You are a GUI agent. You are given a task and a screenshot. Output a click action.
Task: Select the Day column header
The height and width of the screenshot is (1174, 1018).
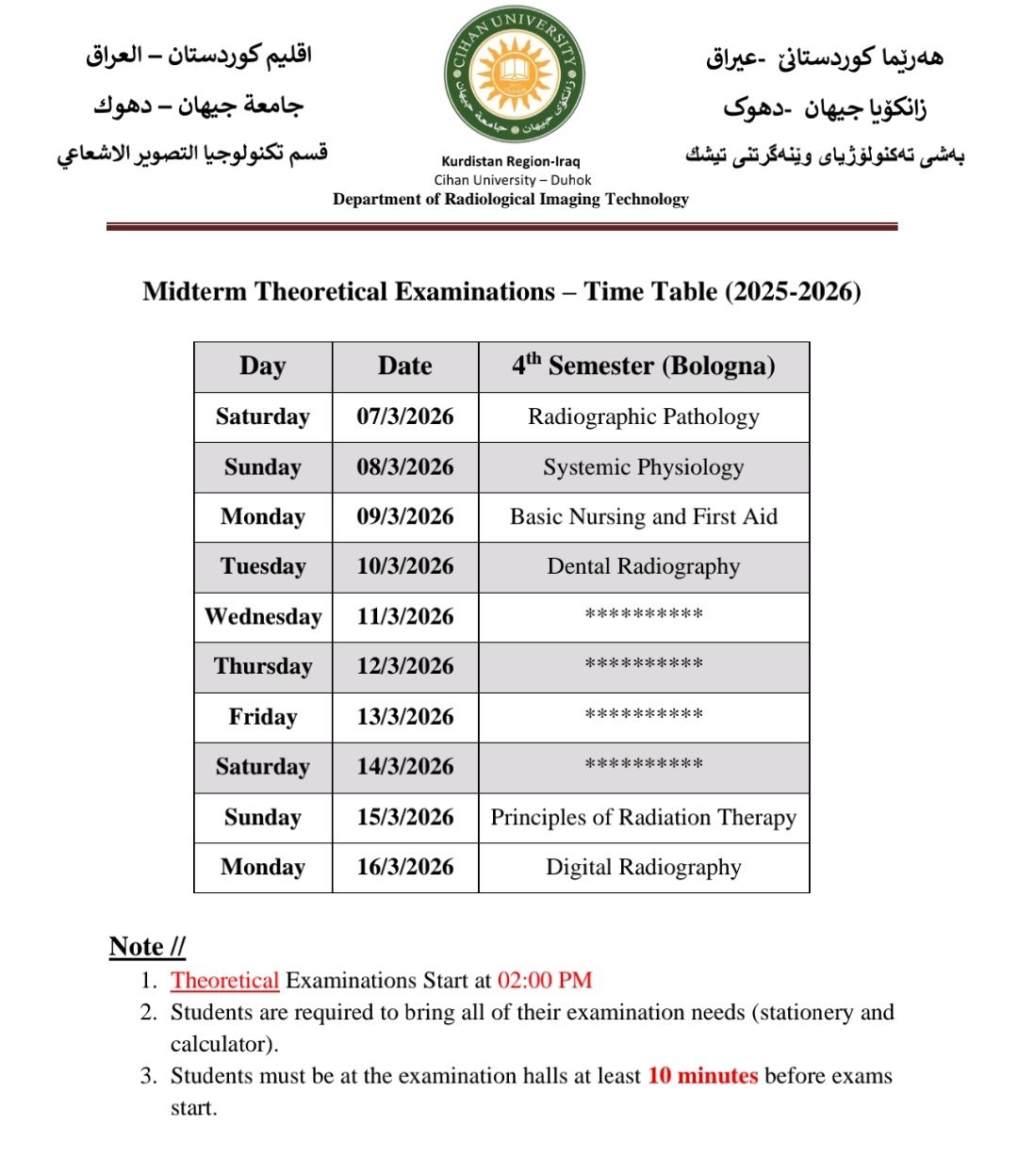pos(262,367)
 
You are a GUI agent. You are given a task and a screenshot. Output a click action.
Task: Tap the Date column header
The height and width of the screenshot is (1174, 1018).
pos(405,367)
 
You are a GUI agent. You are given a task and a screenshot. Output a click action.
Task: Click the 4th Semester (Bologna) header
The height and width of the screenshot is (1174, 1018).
pos(644,366)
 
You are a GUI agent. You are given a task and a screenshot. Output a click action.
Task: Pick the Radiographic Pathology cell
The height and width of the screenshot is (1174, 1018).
pos(644,416)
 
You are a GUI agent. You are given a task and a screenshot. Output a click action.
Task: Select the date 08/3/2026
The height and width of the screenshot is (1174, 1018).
pos(405,467)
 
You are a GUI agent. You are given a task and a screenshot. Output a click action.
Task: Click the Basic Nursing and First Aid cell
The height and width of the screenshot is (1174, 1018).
pos(644,516)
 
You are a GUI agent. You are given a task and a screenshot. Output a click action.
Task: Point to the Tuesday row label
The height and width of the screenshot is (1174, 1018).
pos(263,566)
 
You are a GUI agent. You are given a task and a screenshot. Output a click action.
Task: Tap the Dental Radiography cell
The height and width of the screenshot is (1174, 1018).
pos(644,566)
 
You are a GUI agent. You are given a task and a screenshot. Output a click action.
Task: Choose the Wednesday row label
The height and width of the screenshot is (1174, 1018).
pos(263,617)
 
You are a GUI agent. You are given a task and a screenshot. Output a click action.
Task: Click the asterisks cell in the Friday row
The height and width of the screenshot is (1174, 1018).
pos(644,715)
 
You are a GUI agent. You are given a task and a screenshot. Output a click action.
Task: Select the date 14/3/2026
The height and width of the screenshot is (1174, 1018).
pos(405,767)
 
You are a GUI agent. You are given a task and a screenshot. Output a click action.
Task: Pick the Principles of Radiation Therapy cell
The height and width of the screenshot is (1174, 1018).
pos(644,818)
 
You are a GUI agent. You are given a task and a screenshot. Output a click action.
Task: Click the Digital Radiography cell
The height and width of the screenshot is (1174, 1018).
pos(644,867)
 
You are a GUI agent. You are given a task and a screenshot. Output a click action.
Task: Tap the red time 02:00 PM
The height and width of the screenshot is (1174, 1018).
pos(545,981)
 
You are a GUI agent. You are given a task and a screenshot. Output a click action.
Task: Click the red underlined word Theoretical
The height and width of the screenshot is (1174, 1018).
pos(224,981)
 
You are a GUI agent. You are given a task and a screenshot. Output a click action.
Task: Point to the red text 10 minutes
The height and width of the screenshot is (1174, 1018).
pos(702,1076)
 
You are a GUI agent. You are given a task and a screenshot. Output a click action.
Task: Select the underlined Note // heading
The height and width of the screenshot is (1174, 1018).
pos(147,946)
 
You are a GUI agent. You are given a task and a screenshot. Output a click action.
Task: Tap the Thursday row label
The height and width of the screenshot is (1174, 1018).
pos(263,666)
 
